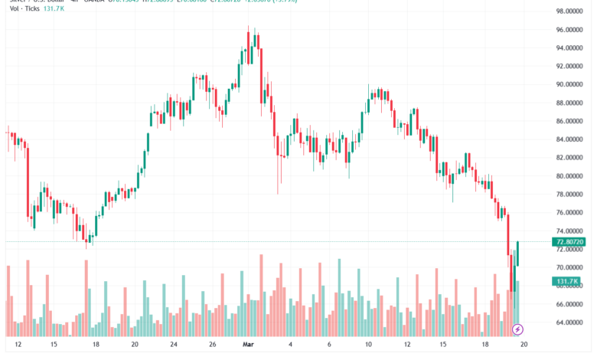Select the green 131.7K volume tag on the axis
tap(564, 282)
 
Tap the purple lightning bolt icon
tap(517, 329)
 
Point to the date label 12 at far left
tap(18, 345)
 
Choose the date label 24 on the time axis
tap(174, 345)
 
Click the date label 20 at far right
tap(524, 345)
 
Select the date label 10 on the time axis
tap(368, 345)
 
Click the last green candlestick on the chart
tap(518, 254)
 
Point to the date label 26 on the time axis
tap(214, 345)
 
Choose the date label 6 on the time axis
tap(329, 345)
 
